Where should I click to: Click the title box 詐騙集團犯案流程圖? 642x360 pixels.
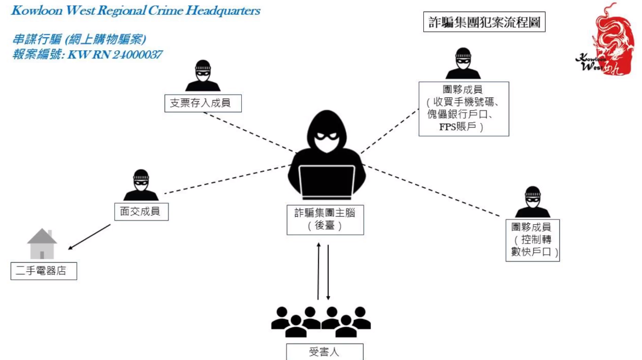point(485,22)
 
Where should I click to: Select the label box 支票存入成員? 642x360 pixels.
point(203,103)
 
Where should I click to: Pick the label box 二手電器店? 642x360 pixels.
point(44,271)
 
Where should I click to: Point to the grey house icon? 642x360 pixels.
point(42,244)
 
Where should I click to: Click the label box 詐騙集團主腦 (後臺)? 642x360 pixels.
point(325,219)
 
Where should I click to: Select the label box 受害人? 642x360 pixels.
point(324,352)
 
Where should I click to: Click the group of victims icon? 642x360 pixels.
point(322,321)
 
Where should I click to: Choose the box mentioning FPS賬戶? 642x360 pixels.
point(464,109)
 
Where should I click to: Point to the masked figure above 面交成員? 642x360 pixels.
point(141,185)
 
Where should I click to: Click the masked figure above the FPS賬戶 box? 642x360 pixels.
point(463,63)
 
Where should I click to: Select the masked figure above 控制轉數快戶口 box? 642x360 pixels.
point(533,202)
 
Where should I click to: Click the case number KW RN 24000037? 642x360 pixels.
point(115,55)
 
